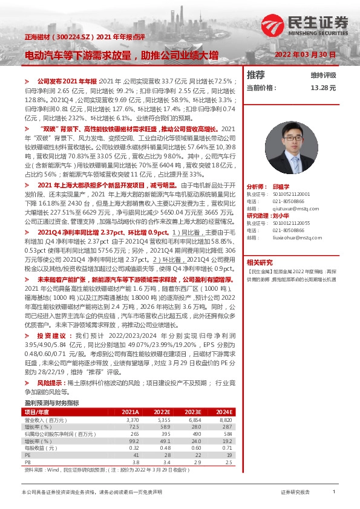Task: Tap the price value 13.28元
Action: point(323,88)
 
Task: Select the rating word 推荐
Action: point(256,75)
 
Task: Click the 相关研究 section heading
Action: point(260,262)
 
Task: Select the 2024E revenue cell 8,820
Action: point(225,420)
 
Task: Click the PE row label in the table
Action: point(27,453)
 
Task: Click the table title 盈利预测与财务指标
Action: point(51,403)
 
